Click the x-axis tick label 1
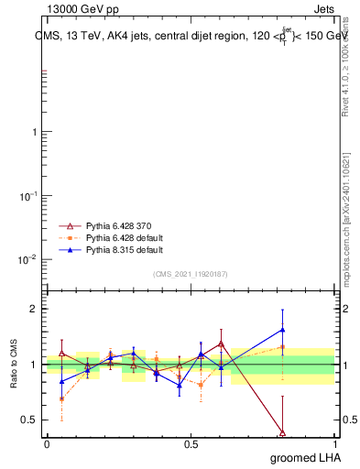(335, 443)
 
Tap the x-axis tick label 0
(46, 443)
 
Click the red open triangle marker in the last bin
(282, 432)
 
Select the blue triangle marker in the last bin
(282, 330)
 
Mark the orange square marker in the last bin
(282, 347)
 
